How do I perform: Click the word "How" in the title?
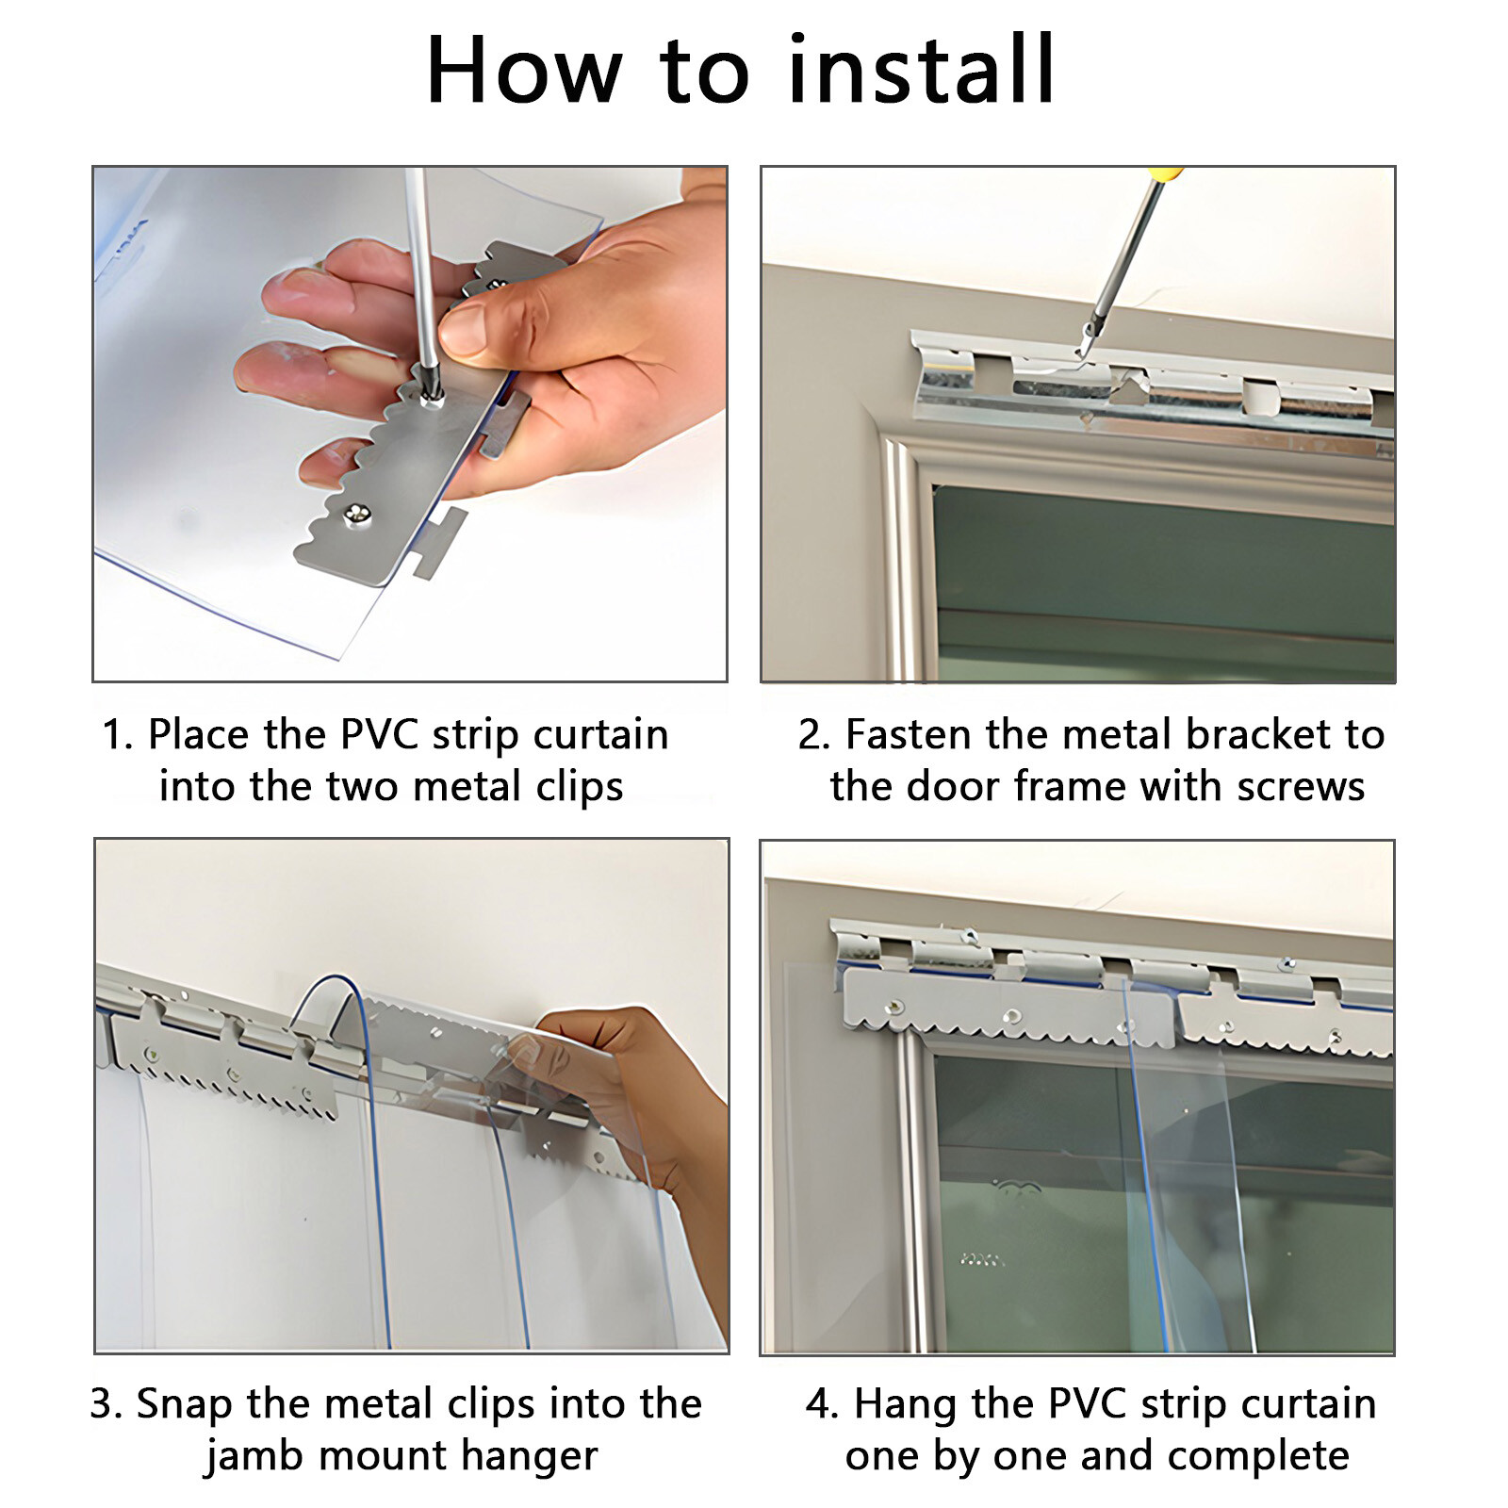[x=524, y=70]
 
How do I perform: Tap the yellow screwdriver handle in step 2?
[x=1167, y=174]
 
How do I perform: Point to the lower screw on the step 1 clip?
[x=356, y=514]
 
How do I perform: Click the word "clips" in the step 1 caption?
[x=580, y=787]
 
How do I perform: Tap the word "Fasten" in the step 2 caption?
[x=908, y=734]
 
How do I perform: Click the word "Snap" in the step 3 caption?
[x=185, y=1404]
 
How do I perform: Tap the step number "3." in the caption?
[x=107, y=1404]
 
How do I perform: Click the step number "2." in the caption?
[x=814, y=734]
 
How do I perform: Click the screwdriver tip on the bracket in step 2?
[x=1082, y=352]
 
